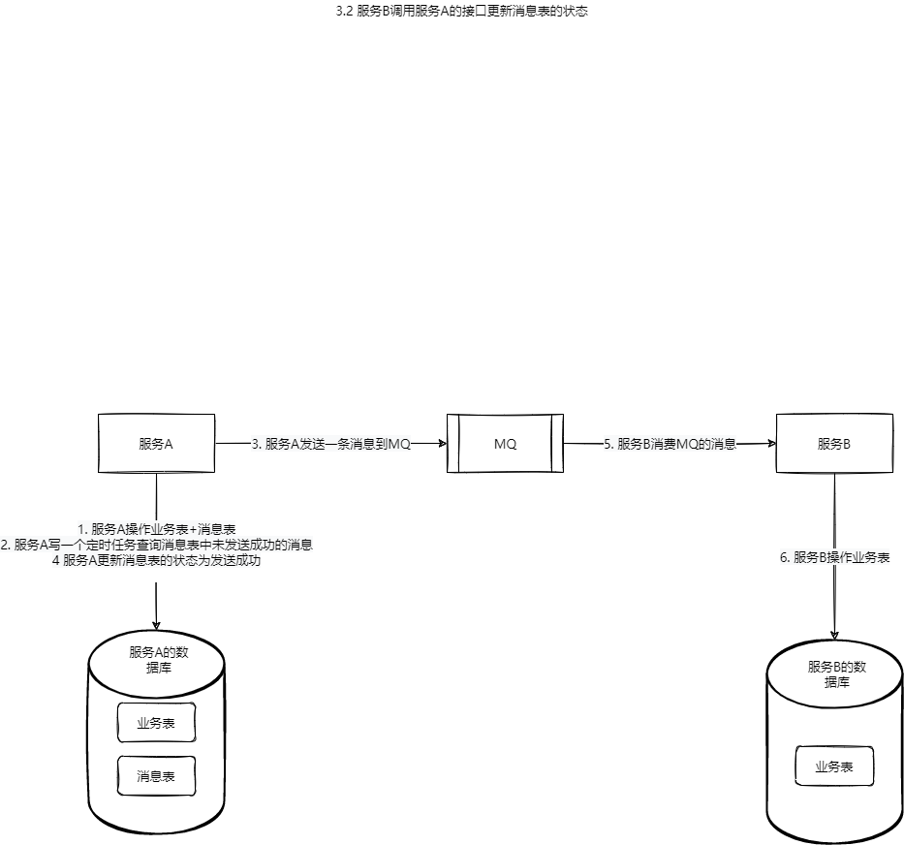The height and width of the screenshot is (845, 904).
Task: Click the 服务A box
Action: click(156, 444)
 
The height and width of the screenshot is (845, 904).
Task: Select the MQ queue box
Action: click(505, 444)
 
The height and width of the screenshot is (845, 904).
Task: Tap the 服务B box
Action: click(834, 444)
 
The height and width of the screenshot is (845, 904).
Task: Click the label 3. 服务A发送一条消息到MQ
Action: click(330, 444)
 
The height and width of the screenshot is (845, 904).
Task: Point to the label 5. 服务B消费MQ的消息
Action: click(670, 444)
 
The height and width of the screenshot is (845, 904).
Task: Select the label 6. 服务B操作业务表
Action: click(835, 557)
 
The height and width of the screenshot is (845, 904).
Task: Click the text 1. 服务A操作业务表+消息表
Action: click(157, 529)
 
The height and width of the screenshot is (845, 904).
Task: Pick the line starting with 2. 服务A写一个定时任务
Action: click(157, 545)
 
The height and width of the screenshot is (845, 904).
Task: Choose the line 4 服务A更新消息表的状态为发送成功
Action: click(157, 560)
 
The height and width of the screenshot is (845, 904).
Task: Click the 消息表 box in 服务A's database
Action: click(156, 776)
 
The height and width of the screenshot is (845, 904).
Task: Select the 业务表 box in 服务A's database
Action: click(156, 722)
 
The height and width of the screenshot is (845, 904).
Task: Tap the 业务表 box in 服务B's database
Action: click(834, 767)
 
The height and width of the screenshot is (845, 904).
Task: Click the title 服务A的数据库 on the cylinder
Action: click(156, 659)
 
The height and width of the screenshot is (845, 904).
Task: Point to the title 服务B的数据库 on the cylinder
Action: click(835, 673)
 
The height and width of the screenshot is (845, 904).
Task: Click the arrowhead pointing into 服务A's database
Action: click(156, 624)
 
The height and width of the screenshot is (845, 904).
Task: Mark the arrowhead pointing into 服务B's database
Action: click(834, 635)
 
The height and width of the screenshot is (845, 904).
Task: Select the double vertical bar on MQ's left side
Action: click(452, 444)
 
